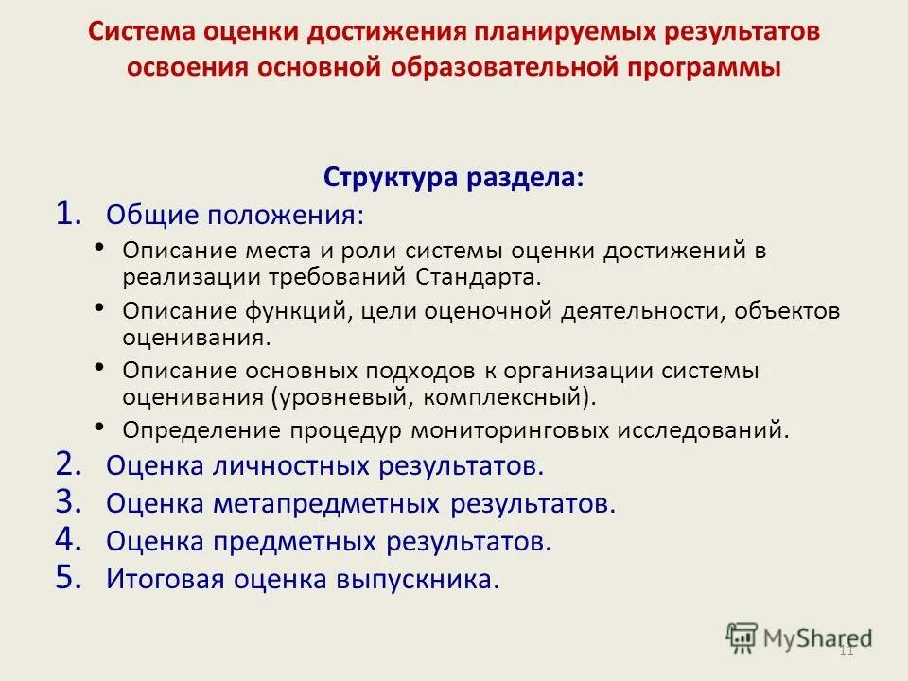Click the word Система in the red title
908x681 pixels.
pyautogui.click(x=142, y=30)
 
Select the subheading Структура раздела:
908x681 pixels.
pyautogui.click(x=454, y=177)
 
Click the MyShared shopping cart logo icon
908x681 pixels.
pyautogui.click(x=742, y=637)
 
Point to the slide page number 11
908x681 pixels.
pyautogui.click(x=847, y=652)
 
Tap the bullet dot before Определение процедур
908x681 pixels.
pyautogui.click(x=101, y=427)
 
